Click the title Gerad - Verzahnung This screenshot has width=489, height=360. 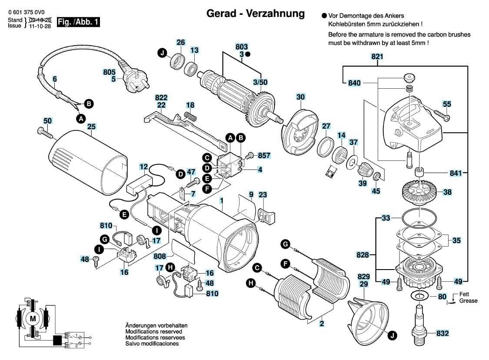(x=256, y=13)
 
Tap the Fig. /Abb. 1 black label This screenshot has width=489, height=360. (x=78, y=22)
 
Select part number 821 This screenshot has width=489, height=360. (x=377, y=57)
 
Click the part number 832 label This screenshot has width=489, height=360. (x=442, y=333)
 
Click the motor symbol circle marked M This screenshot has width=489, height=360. (x=33, y=319)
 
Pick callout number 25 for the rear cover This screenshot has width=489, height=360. (x=91, y=127)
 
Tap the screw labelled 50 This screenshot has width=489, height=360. (x=45, y=133)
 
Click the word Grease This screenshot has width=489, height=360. (x=468, y=301)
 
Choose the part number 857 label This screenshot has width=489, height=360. (x=264, y=155)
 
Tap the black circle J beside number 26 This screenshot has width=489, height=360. (x=162, y=53)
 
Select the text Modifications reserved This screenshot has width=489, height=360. (x=153, y=332)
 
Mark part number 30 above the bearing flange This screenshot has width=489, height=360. (x=300, y=97)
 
